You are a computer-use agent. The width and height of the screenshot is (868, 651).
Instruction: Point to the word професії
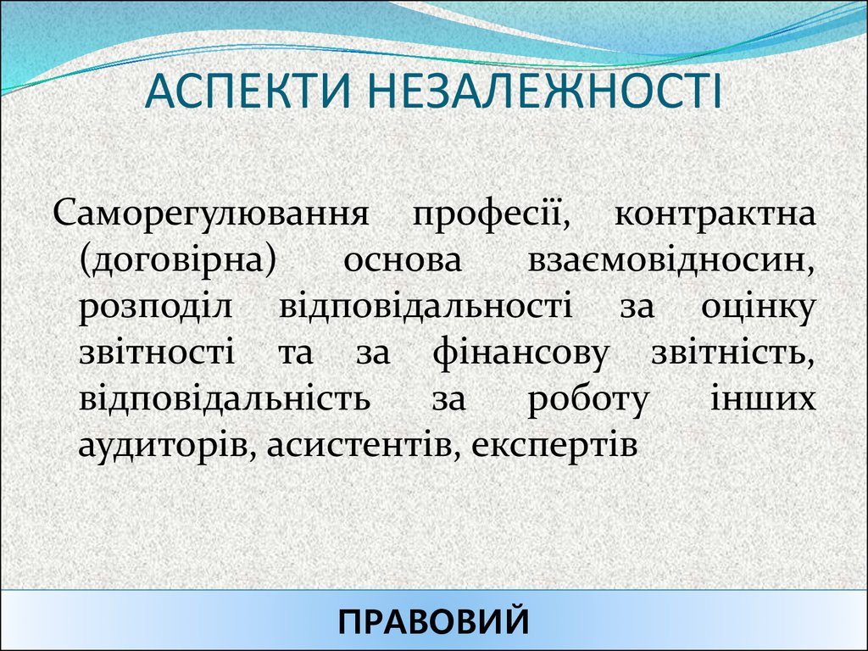491,214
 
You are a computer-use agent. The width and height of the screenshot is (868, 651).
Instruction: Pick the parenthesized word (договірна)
179,260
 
